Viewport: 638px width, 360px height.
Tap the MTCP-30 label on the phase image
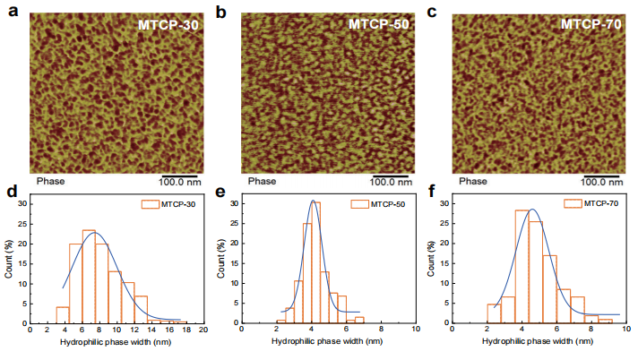tap(168, 24)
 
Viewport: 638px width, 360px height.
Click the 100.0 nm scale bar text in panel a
tap(183, 181)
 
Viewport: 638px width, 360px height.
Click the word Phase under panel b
tap(262, 181)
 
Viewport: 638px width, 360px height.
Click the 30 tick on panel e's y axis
tap(231, 203)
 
